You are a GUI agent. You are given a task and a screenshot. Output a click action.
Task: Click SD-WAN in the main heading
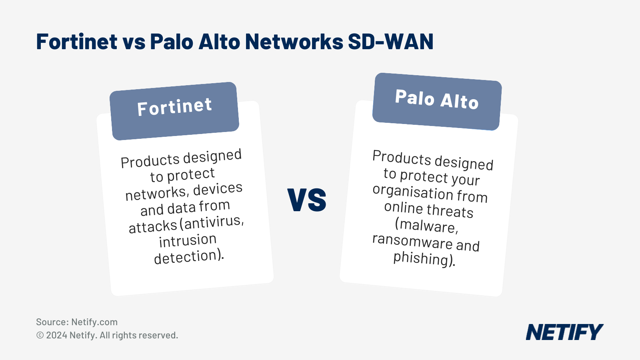(390, 42)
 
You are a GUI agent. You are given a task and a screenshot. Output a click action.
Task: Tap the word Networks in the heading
(294, 42)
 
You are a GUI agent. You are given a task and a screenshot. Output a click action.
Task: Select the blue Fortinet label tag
(174, 111)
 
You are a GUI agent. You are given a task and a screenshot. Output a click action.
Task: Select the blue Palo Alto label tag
(437, 101)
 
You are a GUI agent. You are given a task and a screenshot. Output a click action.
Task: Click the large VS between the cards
(307, 200)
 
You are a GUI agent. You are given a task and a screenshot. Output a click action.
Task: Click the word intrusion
(188, 240)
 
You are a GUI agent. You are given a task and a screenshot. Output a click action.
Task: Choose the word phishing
(421, 258)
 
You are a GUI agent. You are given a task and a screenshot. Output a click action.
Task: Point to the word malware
(427, 226)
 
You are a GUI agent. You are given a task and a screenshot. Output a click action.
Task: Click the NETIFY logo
(564, 332)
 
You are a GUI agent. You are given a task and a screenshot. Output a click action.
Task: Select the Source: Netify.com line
(77, 322)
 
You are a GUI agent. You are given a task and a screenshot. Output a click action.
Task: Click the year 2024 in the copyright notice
(56, 335)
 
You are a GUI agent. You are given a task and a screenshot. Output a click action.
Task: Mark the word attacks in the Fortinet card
(153, 227)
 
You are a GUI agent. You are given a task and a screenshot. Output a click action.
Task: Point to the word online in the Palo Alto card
(403, 207)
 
